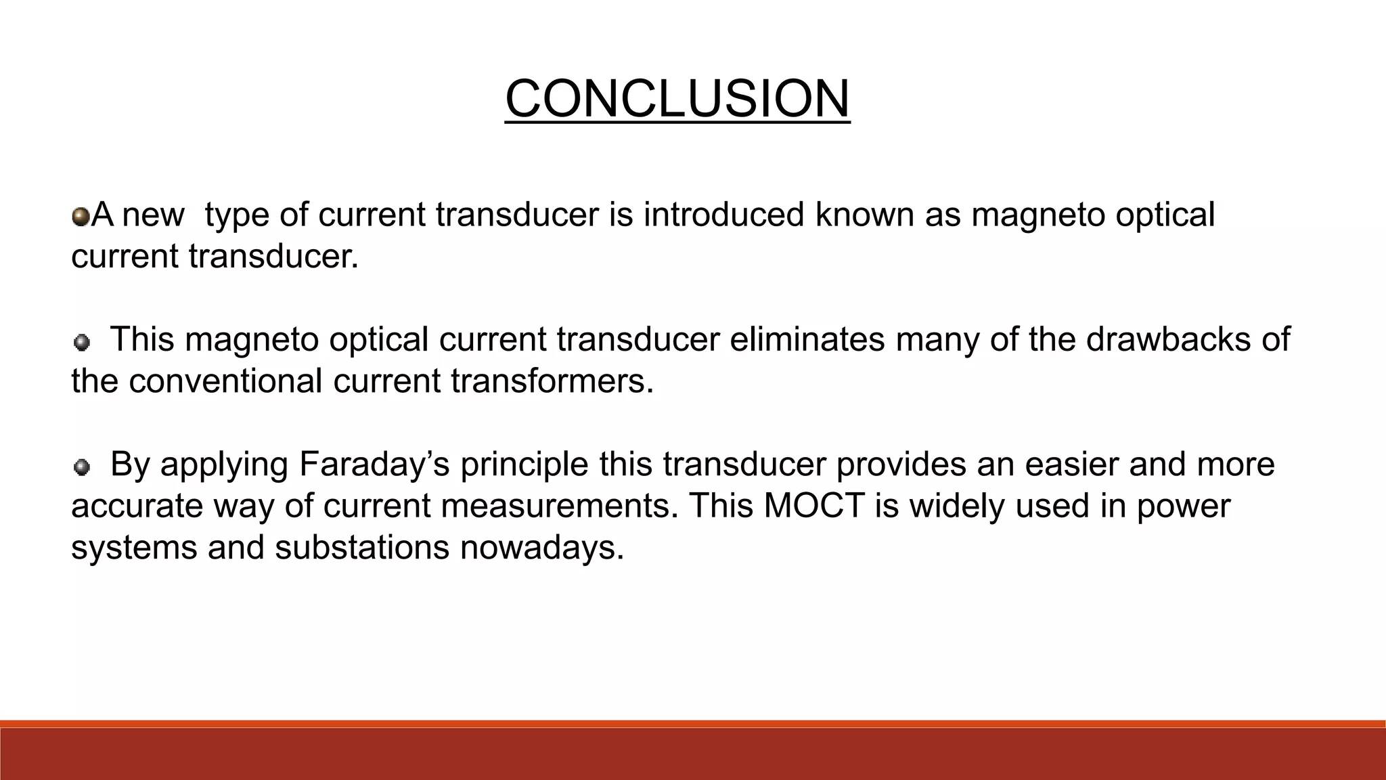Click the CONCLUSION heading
coord(677,100)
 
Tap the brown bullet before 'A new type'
coord(81,217)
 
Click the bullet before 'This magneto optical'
coord(81,343)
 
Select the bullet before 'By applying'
coord(81,467)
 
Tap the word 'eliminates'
coord(807,339)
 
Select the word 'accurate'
coord(137,506)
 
